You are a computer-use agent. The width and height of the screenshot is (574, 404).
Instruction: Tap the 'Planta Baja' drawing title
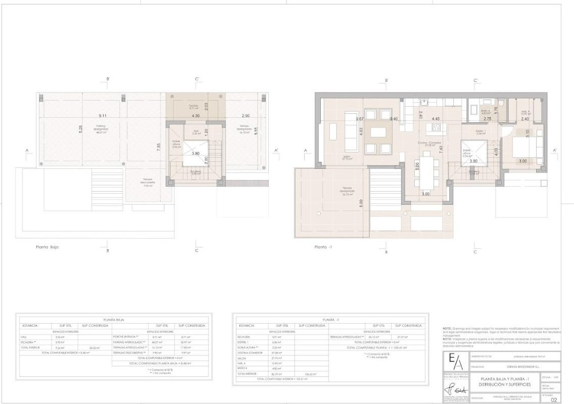pos(50,247)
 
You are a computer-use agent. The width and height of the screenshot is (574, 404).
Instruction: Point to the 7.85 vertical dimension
pos(158,147)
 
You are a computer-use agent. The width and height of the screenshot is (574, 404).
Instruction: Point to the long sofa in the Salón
pos(351,132)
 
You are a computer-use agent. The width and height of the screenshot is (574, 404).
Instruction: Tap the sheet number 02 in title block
pos(554,399)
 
